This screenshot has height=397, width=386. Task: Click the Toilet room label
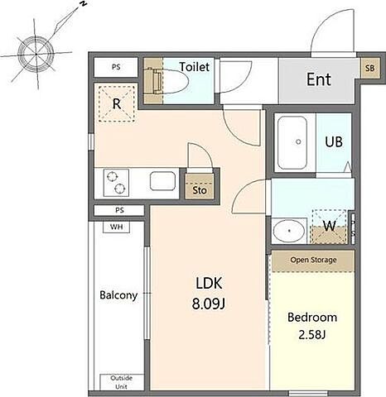tap(195, 67)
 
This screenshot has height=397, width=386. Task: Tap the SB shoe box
tap(369, 68)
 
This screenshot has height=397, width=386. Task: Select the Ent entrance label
tap(319, 79)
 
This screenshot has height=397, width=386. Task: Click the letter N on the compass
tap(84, 4)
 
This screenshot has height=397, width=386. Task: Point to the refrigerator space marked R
tap(117, 103)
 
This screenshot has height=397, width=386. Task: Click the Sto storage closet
tap(200, 186)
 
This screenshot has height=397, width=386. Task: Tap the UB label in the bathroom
tap(334, 141)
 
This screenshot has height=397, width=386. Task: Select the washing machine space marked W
tap(329, 227)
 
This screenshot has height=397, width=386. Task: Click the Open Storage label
tap(313, 260)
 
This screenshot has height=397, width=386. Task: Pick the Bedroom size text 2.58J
tap(312, 335)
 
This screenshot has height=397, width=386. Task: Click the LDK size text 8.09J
tap(209, 304)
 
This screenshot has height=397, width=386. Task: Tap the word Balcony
tap(118, 295)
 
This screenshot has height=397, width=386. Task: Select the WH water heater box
tap(116, 227)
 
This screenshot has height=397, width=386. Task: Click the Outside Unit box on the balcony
tap(122, 382)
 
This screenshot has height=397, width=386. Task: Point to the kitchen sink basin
tap(162, 181)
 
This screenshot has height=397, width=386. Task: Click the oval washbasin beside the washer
tap(289, 231)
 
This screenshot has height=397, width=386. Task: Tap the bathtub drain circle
tap(298, 141)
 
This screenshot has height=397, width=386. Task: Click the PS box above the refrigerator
tap(116, 67)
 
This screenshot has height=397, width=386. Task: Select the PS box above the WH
tap(119, 210)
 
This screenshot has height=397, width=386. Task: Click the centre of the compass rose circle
tap(36, 54)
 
